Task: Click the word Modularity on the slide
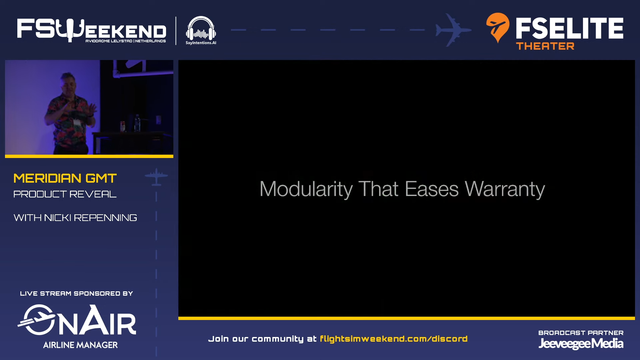click(x=306, y=189)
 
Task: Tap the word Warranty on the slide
click(x=505, y=189)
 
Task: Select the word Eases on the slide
click(x=432, y=189)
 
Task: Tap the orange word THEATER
click(x=545, y=46)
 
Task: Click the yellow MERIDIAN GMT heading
click(x=65, y=178)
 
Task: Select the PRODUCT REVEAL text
click(x=65, y=194)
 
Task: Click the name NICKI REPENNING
click(x=90, y=218)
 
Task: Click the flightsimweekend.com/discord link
click(x=394, y=339)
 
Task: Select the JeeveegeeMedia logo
click(x=581, y=344)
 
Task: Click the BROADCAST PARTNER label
click(x=581, y=333)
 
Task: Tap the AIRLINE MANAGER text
click(x=80, y=345)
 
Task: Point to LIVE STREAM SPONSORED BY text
click(x=77, y=293)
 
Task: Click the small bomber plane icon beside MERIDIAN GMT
click(x=156, y=177)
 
